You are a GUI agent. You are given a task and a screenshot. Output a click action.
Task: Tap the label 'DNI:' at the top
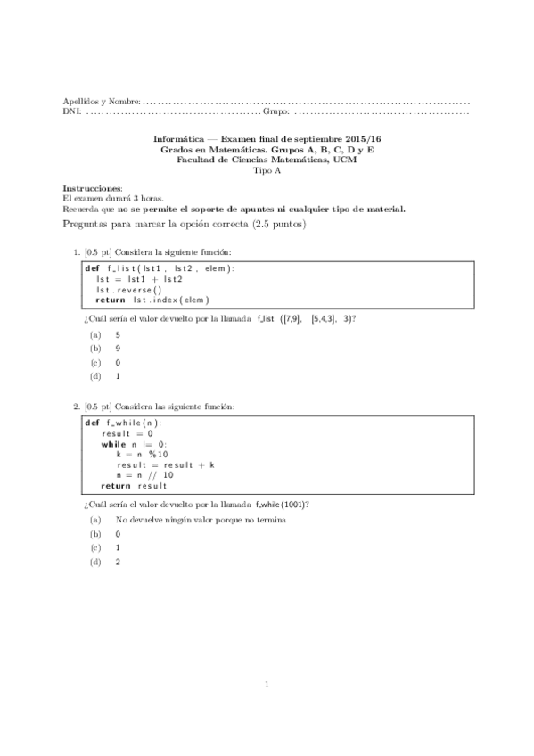[x=71, y=112]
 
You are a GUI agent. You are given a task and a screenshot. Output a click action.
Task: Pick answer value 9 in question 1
[x=118, y=349]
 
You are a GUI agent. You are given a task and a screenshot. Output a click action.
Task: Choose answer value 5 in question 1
[x=118, y=334]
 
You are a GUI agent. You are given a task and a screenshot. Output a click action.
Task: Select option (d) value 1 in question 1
[x=118, y=376]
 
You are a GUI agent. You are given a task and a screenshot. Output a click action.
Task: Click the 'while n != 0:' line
[x=134, y=444]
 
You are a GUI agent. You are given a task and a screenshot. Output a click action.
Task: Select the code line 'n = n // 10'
[x=144, y=475]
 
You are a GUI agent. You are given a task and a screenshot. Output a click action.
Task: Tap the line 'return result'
[x=134, y=486]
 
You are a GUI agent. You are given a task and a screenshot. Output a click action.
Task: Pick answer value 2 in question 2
[x=118, y=562]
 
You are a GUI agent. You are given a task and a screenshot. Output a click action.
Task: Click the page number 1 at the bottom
[x=267, y=685]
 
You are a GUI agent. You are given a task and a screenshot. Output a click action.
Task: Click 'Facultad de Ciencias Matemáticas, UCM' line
[x=267, y=160]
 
